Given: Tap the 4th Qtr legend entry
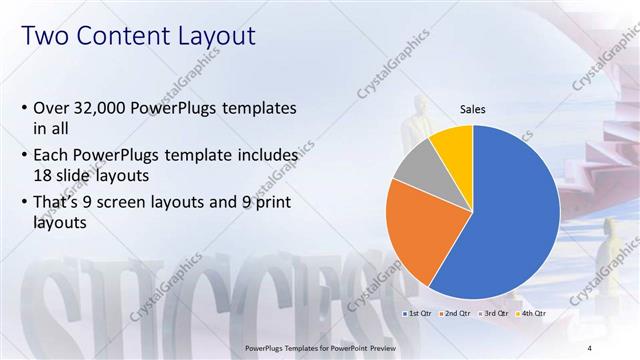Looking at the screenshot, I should click(532, 314).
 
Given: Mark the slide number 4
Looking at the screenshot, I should click(590, 347).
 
